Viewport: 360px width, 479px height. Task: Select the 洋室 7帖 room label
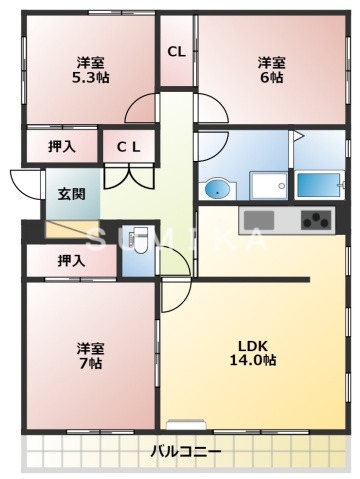pos(91,356)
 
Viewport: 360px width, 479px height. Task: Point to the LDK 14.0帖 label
pos(256,352)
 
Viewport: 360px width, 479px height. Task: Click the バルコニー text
pos(185,452)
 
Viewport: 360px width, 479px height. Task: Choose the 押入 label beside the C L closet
pos(62,147)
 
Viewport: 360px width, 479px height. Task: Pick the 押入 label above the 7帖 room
pos(71,261)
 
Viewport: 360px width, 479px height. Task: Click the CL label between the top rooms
pos(176,52)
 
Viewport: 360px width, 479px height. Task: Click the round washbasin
pos(215,187)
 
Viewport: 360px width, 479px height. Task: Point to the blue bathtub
pos(319,184)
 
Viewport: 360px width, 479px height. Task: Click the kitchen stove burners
pos(316,219)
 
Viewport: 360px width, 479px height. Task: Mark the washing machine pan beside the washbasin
pos(267,184)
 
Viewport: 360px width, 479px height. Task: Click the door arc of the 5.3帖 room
pos(142,107)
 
